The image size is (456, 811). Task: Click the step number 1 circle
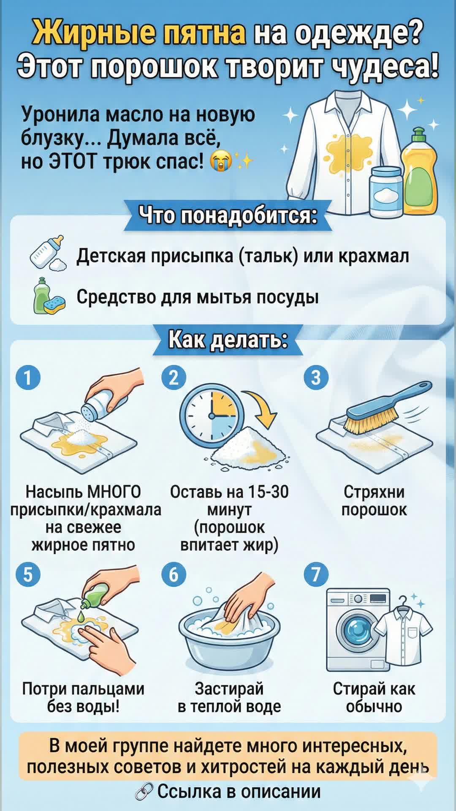point(28,377)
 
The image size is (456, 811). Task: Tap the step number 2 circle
point(174,377)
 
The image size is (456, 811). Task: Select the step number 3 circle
point(316,377)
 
